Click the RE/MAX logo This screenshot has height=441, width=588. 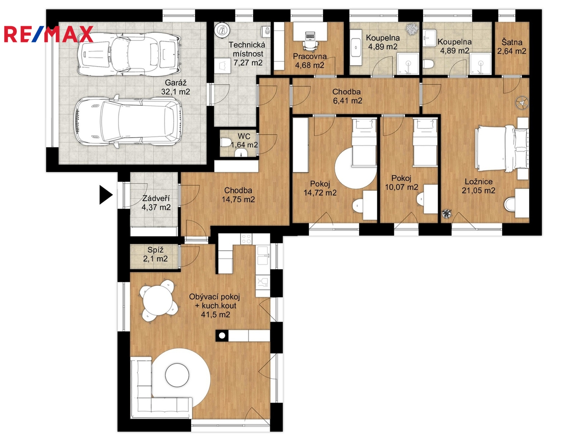point(49,34)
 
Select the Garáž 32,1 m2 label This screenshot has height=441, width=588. point(176,87)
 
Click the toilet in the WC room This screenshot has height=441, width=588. point(226,142)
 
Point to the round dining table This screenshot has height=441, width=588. point(158,301)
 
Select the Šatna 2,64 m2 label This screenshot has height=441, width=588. point(512,46)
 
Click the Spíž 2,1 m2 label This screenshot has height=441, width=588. point(156,254)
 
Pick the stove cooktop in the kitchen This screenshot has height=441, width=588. point(246,239)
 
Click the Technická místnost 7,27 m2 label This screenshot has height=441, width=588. point(247,53)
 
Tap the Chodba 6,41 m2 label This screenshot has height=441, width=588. point(347,96)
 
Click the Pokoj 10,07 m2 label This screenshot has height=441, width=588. point(401,183)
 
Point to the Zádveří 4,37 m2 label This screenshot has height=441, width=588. point(156,203)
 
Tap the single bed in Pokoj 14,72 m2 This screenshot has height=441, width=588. point(364,143)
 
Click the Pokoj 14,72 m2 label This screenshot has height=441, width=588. point(320,188)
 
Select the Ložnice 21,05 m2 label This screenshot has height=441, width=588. point(479,186)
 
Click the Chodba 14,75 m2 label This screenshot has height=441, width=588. point(238,195)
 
